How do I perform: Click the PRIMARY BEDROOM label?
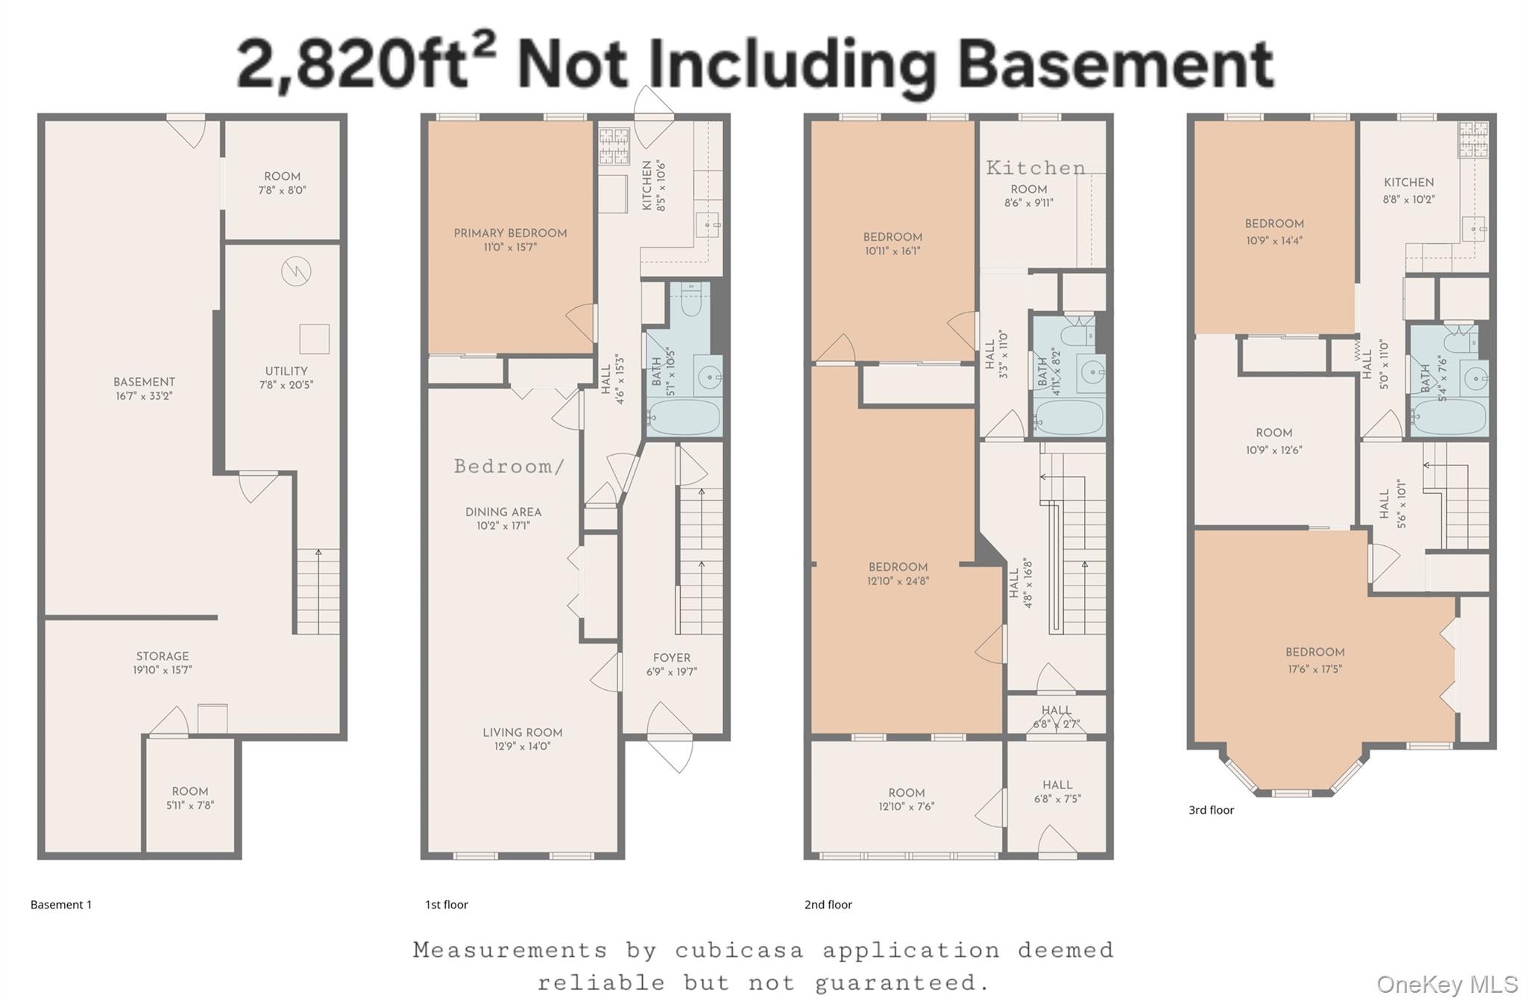510,233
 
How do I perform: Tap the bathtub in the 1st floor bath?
684,416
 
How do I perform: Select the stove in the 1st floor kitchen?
614,146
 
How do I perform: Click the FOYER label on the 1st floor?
671,658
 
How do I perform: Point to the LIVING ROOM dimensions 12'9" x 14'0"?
522,746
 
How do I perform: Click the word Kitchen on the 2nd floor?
1036,168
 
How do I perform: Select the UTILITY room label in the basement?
286,371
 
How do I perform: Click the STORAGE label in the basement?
163,656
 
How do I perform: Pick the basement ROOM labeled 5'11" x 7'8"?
190,797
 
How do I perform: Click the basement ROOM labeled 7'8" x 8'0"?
282,183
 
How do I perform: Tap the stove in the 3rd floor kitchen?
1473,139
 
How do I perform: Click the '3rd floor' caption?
1211,810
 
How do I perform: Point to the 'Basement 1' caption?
61,905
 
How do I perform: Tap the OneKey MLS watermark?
1446,985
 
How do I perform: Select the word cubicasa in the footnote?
739,950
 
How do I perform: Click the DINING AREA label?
503,512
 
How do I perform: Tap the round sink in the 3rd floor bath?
1474,379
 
